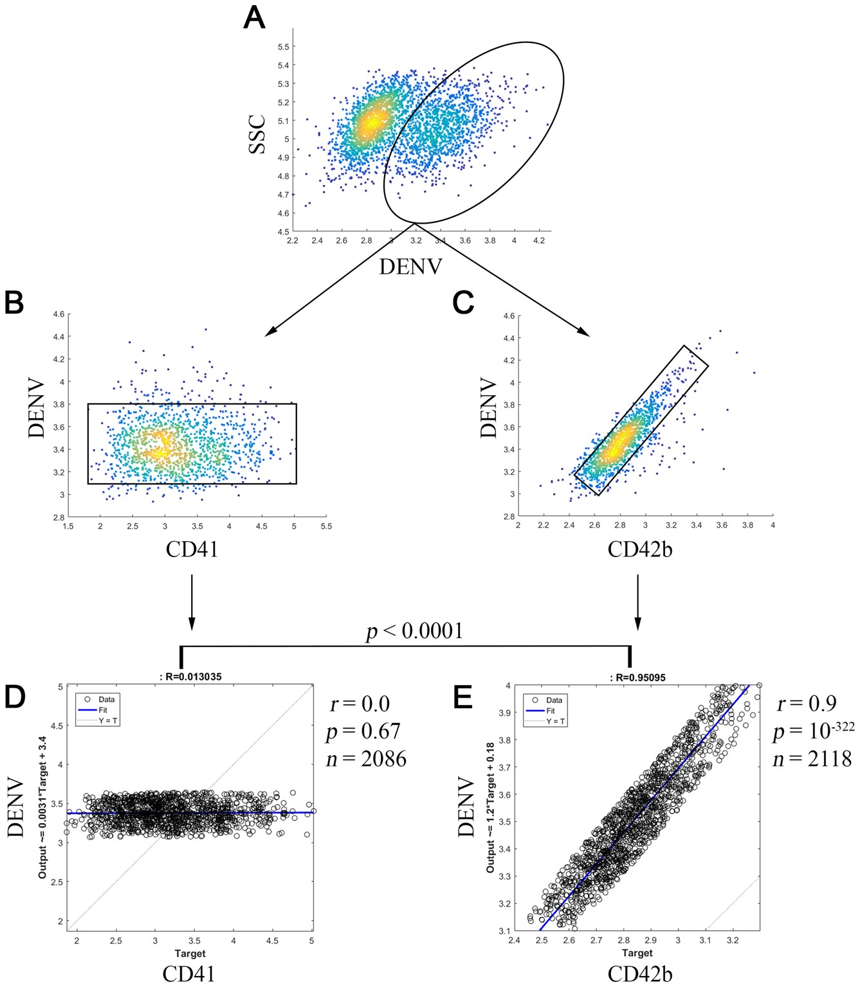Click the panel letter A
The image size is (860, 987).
click(254, 18)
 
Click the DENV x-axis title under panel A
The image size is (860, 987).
click(410, 266)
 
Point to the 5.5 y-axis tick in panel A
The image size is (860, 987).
click(283, 47)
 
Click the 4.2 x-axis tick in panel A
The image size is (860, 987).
click(538, 241)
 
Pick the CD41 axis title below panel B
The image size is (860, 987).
click(192, 549)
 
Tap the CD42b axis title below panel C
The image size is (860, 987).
click(639, 549)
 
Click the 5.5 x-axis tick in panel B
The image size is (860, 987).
click(326, 526)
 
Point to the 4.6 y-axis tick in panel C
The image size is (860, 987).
click(508, 316)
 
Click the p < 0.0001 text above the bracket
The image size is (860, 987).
click(414, 631)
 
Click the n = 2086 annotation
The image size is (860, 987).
click(366, 760)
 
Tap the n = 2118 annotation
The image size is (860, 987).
click(812, 759)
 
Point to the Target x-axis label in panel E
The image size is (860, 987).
click(637, 953)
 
